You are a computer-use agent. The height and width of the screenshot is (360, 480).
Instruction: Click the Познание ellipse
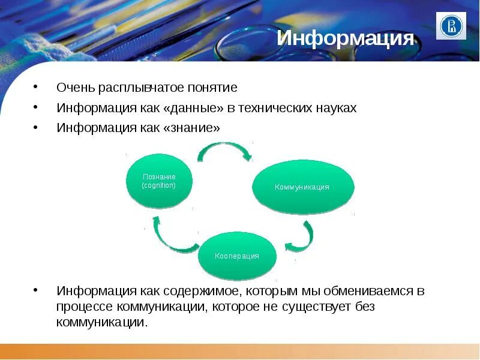click(x=159, y=180)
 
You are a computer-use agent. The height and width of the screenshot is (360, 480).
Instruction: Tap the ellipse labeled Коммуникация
click(x=302, y=187)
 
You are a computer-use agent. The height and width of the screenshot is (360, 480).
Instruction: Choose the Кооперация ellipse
click(x=237, y=256)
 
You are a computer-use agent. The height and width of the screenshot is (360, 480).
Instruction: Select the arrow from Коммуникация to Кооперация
click(x=301, y=238)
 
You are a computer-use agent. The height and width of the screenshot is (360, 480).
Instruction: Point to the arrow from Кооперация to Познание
click(x=172, y=236)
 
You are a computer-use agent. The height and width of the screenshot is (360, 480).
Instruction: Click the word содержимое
click(x=205, y=291)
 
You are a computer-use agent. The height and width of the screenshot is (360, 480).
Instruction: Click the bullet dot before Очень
click(x=38, y=88)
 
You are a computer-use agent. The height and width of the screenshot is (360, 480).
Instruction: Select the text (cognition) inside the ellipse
click(x=159, y=185)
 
